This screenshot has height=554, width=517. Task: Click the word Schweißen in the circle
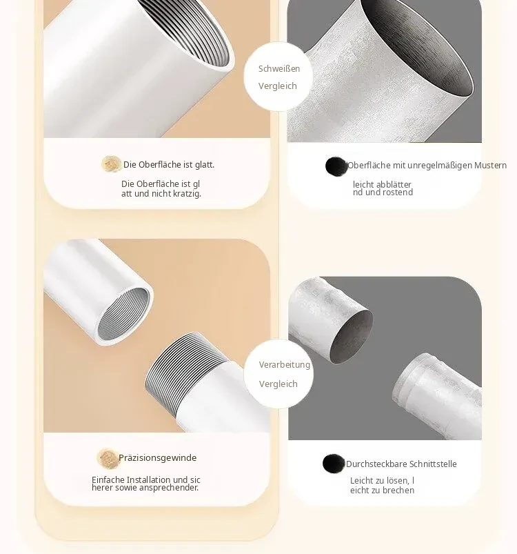coord(278,68)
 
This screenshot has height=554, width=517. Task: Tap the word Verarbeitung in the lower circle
coord(285,365)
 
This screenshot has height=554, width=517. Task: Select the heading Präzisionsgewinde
coord(157,458)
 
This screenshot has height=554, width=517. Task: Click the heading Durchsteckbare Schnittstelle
coord(401,464)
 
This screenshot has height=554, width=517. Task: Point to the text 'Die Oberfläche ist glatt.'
coord(169,165)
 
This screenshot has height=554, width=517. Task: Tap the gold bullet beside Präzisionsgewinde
coord(108,459)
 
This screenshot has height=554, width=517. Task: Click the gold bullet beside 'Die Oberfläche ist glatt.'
coord(111,164)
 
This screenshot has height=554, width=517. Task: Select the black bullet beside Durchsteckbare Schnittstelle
coord(334,464)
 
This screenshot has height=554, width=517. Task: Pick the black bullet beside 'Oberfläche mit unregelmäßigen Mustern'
coord(336,166)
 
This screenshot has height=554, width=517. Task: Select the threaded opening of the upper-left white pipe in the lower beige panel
coord(123,314)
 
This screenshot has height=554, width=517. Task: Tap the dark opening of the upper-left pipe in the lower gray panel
coord(351,337)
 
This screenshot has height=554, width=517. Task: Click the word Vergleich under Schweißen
coord(277,86)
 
